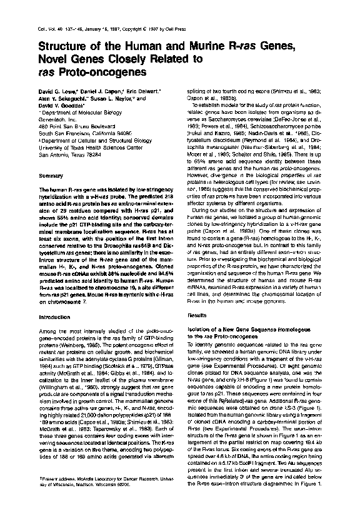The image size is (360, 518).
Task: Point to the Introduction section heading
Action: [x=54, y=317]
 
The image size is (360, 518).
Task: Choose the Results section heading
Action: [x=197, y=317]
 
